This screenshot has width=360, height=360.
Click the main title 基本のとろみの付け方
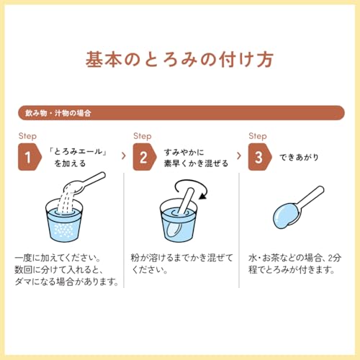pyautogui.click(x=179, y=60)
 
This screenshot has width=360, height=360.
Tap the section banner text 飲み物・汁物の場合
pyautogui.click(x=58, y=113)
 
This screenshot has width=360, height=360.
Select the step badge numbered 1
pyautogui.click(x=30, y=157)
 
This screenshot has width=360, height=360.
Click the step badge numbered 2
pyautogui.click(x=145, y=157)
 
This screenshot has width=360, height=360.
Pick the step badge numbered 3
pyautogui.click(x=260, y=157)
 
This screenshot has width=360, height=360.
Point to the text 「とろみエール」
pyautogui.click(x=78, y=152)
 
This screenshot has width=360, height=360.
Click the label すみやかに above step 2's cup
pyautogui.click(x=184, y=152)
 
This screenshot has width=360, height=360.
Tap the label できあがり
pyautogui.click(x=299, y=157)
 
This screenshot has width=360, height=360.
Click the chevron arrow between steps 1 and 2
pyautogui.click(x=124, y=156)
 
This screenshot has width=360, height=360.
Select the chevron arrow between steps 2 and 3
pyautogui.click(x=238, y=156)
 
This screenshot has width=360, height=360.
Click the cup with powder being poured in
pyautogui.click(x=64, y=220)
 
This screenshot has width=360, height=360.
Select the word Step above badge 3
pyautogui.click(x=258, y=136)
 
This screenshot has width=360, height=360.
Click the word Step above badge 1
pyautogui.click(x=27, y=136)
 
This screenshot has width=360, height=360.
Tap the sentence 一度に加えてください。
pyautogui.click(x=58, y=258)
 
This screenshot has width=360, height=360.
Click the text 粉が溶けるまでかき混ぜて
pyautogui.click(x=182, y=258)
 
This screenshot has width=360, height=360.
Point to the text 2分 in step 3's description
pyautogui.click(x=335, y=258)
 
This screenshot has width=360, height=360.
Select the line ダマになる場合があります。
pyautogui.click(x=67, y=282)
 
